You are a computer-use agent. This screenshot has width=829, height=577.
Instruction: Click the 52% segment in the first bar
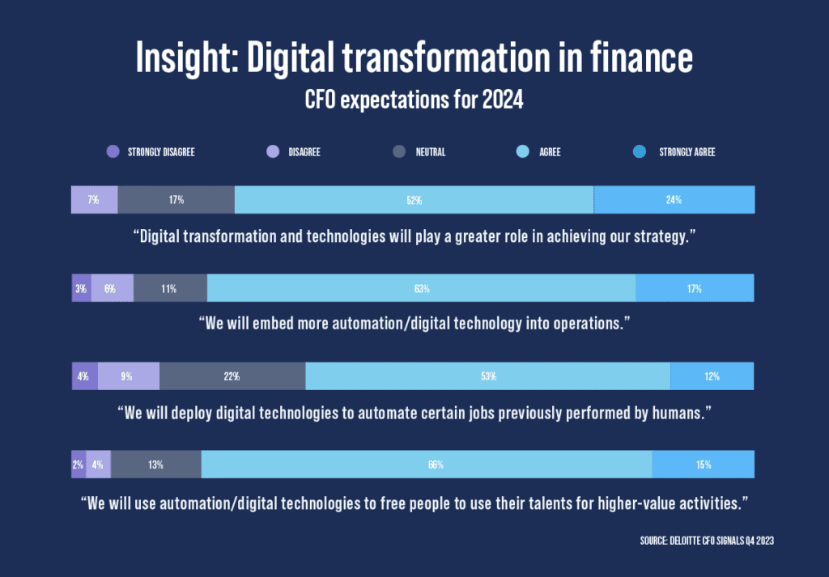pos(414,199)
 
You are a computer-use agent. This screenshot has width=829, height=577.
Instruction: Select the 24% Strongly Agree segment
pos(674,199)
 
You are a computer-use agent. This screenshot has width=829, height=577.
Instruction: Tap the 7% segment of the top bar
pos(94,199)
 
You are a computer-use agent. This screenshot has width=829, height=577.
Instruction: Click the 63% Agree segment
pos(421,288)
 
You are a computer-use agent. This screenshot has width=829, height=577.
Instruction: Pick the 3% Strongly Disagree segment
pos(81,288)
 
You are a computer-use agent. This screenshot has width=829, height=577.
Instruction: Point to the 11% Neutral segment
pos(169,288)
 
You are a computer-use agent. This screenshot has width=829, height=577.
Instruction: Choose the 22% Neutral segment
pos(232,376)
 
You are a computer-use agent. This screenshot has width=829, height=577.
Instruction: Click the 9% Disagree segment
pos(128,376)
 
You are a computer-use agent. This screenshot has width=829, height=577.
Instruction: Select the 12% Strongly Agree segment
pos(712,376)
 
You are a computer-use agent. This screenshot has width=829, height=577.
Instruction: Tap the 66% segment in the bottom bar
pos(426,465)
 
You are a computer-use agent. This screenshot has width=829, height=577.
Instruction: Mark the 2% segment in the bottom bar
pos(79,465)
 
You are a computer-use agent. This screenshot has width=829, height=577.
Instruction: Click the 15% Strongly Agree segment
pos(703,465)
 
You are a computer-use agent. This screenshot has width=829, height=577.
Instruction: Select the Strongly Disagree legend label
pos(161,151)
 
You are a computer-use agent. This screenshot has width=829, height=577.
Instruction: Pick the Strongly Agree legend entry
pos(687,151)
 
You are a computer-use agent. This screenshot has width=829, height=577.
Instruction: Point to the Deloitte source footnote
pos(704,540)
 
